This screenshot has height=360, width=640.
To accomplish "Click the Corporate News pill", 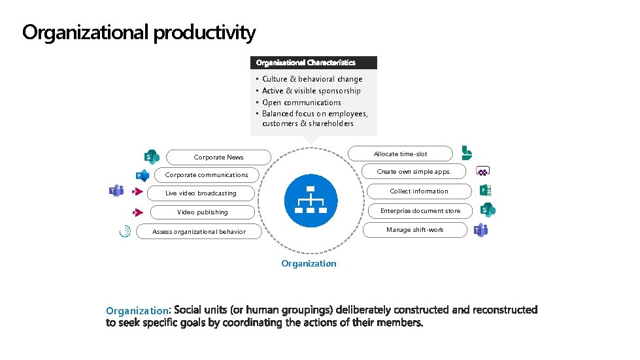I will (218, 157).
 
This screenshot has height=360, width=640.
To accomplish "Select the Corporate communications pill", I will (207, 174).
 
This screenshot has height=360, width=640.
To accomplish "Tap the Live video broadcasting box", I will (201, 193).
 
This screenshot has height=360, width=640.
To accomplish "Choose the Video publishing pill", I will (203, 212).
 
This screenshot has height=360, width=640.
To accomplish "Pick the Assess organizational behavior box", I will (199, 231).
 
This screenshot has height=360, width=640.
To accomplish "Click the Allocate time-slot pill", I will (400, 154).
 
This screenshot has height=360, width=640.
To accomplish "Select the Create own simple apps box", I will (414, 171).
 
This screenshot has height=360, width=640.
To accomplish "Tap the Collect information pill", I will (419, 191).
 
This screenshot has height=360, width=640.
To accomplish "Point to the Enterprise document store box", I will (420, 210).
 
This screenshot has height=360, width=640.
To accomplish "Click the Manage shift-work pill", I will (414, 229).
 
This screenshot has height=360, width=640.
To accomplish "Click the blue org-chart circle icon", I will (311, 201).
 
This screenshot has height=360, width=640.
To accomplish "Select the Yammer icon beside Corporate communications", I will (142, 175).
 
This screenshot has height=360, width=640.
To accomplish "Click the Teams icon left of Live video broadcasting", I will (116, 191).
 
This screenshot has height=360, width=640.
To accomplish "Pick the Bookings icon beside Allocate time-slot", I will (467, 153).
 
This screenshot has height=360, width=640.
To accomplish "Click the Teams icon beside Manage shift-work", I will (481, 230).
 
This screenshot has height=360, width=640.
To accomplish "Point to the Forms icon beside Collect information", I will (485, 190).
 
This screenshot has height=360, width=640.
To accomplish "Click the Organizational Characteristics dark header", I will (314, 63).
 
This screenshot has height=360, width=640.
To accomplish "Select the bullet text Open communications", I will (301, 102).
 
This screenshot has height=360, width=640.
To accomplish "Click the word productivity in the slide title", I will (204, 32).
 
